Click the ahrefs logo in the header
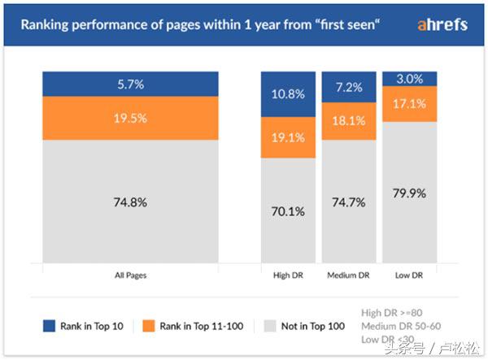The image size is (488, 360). point(442,24)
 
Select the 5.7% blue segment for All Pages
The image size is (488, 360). point(131,83)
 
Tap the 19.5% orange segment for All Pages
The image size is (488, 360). point(131,118)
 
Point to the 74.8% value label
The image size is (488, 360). point(131,202)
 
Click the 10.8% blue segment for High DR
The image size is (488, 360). point(288,94)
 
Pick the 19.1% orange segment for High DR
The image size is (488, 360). point(288,137)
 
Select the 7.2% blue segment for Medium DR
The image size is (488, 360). point(349,87)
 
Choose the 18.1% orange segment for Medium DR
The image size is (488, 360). point(349,120)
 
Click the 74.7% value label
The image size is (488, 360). point(349,202)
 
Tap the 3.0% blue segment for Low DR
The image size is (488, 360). point(410,78)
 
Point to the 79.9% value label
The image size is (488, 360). point(410,193)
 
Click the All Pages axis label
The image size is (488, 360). point(131,275)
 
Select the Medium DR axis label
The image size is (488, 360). point(349,275)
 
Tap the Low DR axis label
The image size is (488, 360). point(410,275)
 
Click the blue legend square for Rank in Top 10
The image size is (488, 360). point(49,326)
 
